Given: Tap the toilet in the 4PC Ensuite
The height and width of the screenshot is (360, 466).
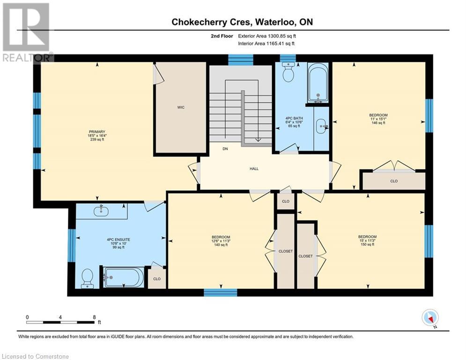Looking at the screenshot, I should click(88, 278).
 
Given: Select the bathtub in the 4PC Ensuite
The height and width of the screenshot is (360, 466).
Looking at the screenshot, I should click(123, 277).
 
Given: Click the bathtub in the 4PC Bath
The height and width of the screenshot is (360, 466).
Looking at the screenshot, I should click(318, 83).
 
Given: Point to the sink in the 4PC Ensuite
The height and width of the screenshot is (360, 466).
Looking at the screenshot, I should click(101, 211).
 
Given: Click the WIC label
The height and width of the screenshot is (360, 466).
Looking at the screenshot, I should click(180, 107).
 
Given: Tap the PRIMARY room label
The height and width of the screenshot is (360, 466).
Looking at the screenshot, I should click(97, 132).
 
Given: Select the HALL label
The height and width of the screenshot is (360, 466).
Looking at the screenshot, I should click(254, 169).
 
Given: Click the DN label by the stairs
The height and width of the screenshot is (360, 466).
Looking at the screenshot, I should click(225, 149).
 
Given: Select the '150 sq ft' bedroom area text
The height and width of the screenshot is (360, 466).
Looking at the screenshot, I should click(367, 245).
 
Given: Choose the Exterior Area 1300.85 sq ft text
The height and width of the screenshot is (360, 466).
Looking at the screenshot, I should click(267, 36).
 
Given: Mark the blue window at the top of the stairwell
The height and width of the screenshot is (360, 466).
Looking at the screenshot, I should click(240, 60).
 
